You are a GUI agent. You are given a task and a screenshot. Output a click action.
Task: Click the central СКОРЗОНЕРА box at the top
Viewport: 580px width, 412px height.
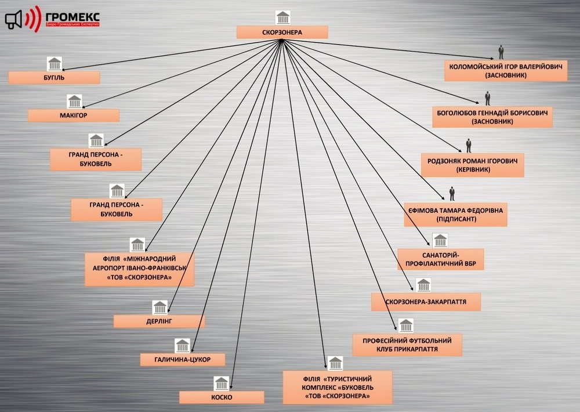coord(282,32)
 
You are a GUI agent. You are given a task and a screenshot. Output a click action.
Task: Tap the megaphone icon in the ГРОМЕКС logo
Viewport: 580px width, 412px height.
coord(14,20)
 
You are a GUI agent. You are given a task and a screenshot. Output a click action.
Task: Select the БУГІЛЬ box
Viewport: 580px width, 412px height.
coord(54,78)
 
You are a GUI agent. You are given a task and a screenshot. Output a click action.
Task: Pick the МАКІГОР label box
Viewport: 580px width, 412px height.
coord(74,115)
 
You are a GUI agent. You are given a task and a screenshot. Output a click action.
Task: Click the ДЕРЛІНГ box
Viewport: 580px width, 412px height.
coord(159,321)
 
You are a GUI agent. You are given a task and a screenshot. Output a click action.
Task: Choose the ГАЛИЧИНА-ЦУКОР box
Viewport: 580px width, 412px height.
coord(182,359)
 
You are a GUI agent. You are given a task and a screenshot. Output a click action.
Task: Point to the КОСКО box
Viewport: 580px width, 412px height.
coord(222,397)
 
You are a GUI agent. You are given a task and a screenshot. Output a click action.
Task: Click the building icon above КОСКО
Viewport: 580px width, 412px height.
coord(222,384)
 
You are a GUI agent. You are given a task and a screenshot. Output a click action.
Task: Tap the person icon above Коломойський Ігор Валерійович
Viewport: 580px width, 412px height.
coord(501,52)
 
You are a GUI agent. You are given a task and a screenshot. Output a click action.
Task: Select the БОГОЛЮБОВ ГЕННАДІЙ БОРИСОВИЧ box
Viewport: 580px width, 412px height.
coord(492,117)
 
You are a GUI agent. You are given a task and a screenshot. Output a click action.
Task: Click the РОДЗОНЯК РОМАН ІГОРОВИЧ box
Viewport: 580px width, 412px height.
coord(473,165)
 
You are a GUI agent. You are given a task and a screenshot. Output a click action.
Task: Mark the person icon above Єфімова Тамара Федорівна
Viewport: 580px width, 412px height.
coord(452,194)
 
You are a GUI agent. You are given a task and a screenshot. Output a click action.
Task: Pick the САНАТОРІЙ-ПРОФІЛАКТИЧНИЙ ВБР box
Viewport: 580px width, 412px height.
coord(441,259)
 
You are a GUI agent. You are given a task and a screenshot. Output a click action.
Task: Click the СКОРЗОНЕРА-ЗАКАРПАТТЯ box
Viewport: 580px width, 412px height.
coord(426,302)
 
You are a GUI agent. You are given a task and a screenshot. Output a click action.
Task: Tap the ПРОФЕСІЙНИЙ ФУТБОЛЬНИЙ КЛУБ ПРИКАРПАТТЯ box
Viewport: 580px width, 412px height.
coord(407,345)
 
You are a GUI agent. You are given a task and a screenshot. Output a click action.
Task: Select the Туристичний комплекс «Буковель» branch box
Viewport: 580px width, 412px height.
coord(338,387)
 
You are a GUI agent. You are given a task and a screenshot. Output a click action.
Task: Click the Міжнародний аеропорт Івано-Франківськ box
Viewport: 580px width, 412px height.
coord(139,269)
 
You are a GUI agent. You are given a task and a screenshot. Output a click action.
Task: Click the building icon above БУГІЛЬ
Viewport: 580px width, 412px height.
coord(55,64)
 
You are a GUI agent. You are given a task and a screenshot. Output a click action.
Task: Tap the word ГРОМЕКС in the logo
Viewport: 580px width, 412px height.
coord(72,17)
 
